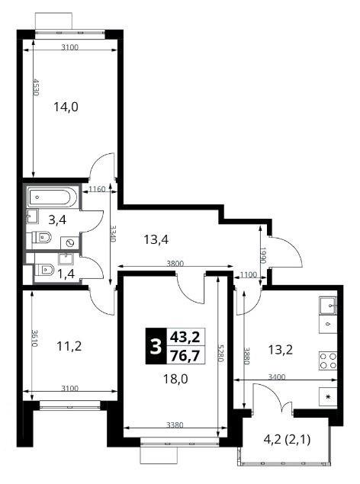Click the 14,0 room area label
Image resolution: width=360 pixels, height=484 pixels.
66,107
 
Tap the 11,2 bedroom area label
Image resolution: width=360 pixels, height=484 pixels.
69,346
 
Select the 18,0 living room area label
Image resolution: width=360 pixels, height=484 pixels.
175,378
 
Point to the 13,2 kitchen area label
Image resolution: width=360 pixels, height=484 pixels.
280,350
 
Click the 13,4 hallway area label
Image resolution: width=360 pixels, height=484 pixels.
156,239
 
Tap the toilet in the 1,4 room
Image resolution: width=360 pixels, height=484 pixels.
43,270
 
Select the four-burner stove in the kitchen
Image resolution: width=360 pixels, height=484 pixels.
328,361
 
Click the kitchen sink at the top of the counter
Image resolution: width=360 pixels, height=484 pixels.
328,306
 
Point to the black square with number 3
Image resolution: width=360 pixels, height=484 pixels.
156,346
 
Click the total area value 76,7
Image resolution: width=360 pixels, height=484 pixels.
185,355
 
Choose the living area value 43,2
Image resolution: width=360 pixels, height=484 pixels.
185,336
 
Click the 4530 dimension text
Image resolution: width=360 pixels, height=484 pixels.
36,88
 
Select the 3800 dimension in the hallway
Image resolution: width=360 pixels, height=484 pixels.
175,264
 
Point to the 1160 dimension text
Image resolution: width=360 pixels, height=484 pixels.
97,189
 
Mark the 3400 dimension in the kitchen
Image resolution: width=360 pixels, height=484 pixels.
277,377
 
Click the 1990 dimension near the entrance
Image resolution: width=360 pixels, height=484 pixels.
263,255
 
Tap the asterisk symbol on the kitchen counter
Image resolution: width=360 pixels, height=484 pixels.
328,396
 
